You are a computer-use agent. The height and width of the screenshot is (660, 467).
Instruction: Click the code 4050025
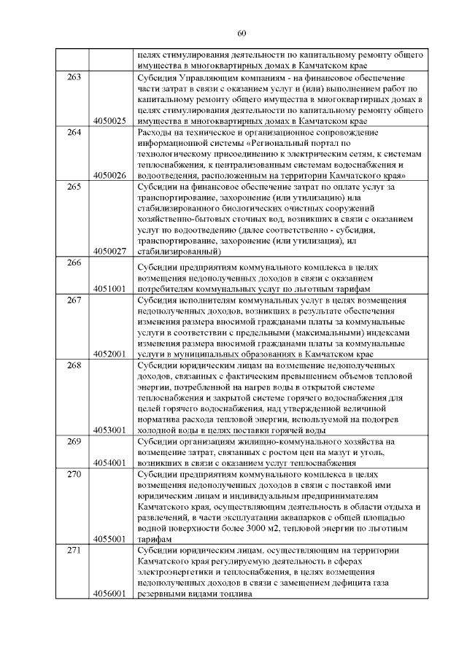110,120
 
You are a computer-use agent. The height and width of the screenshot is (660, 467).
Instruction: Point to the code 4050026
110,176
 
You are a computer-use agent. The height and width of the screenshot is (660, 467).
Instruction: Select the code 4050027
110,252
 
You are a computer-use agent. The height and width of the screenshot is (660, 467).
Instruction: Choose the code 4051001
110,288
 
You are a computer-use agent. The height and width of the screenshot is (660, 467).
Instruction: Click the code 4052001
110,354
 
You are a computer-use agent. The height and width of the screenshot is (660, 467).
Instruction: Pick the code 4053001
110,430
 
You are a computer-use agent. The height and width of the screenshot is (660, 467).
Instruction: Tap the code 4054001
110,463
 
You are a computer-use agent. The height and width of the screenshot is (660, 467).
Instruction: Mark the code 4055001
110,539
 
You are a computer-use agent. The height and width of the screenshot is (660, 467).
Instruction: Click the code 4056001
110,594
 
